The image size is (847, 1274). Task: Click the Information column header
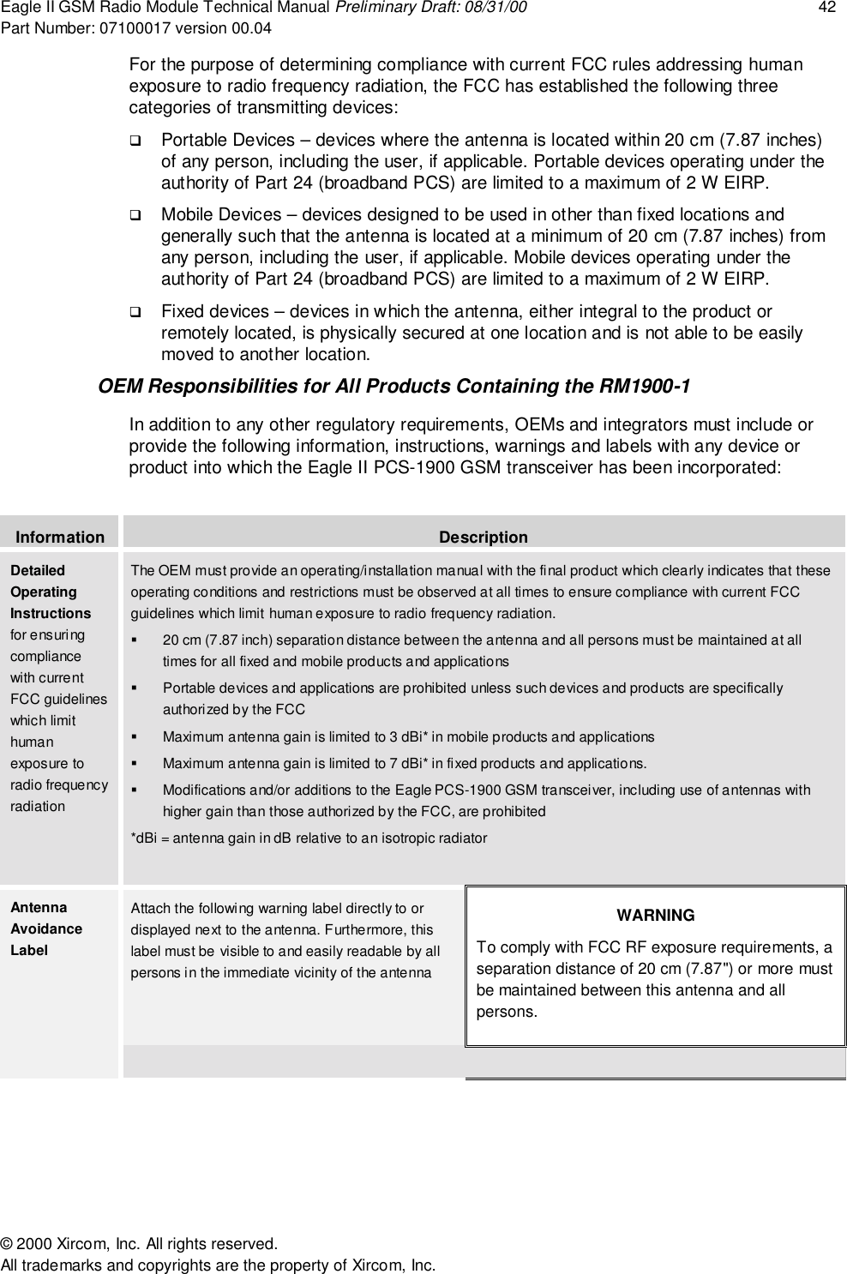click(x=60, y=538)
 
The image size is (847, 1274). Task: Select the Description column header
click(x=484, y=538)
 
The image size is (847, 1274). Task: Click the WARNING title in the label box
click(x=656, y=916)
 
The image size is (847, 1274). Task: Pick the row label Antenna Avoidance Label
click(x=46, y=928)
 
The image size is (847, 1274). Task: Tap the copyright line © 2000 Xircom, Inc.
click(x=139, y=1244)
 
